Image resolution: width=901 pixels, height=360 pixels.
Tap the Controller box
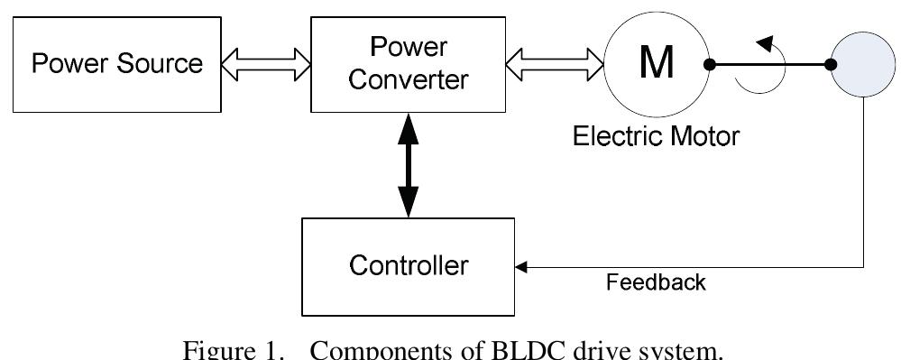409,266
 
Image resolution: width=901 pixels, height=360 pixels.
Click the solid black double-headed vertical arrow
409,166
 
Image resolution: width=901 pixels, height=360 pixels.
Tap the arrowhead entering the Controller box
520,266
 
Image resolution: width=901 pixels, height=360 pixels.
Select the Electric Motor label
657,137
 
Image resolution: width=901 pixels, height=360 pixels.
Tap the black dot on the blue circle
831,65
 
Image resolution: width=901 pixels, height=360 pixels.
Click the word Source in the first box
161,65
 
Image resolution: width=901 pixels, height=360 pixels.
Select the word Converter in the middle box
409,79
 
